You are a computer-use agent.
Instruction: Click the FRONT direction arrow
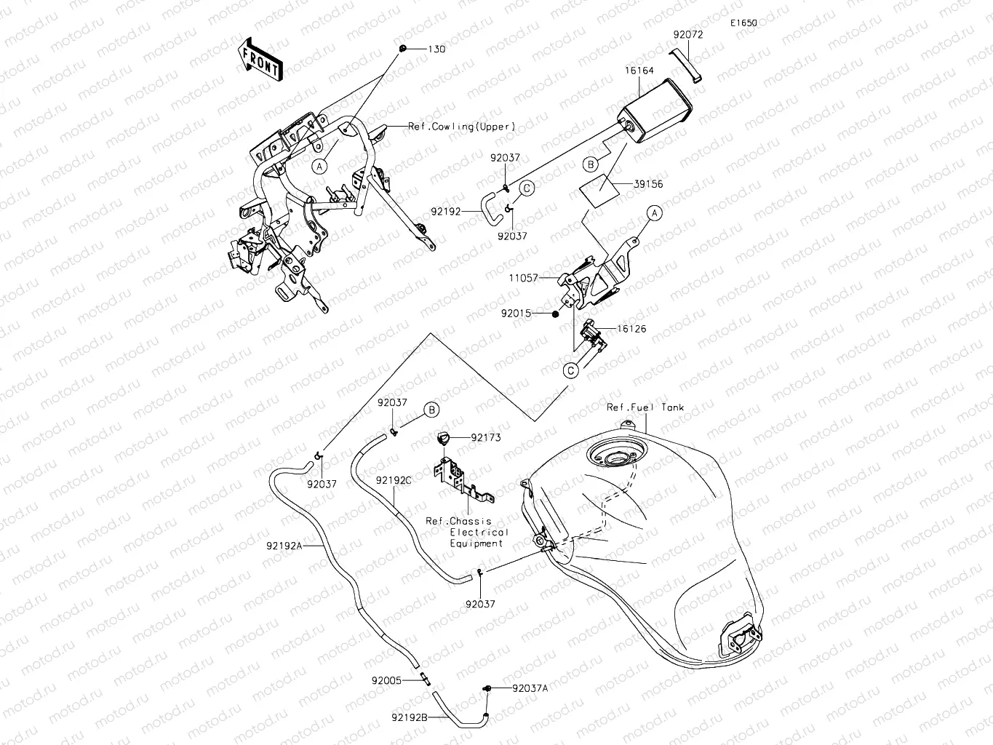[x=260, y=59]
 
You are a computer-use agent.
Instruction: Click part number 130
[x=436, y=49]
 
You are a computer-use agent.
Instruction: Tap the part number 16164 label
[x=639, y=71]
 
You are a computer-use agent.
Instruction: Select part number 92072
[x=687, y=34]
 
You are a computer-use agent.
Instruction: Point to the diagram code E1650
[x=744, y=23]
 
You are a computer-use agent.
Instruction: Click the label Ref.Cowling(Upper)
[x=461, y=127]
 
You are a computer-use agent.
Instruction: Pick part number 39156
[x=648, y=185]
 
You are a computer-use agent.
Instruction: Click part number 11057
[x=523, y=278]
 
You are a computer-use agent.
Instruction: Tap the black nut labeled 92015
[x=555, y=314]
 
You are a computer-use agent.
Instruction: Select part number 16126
[x=631, y=329]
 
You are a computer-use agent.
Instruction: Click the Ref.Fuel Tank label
[x=645, y=408]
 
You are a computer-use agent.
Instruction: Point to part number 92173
[x=485, y=438]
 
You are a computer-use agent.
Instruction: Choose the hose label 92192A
[x=284, y=545]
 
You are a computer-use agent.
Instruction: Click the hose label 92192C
[x=394, y=480]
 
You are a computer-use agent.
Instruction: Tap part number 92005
[x=386, y=681]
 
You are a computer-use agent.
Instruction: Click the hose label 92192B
[x=408, y=717]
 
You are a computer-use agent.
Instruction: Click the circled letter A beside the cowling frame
[x=321, y=166]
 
